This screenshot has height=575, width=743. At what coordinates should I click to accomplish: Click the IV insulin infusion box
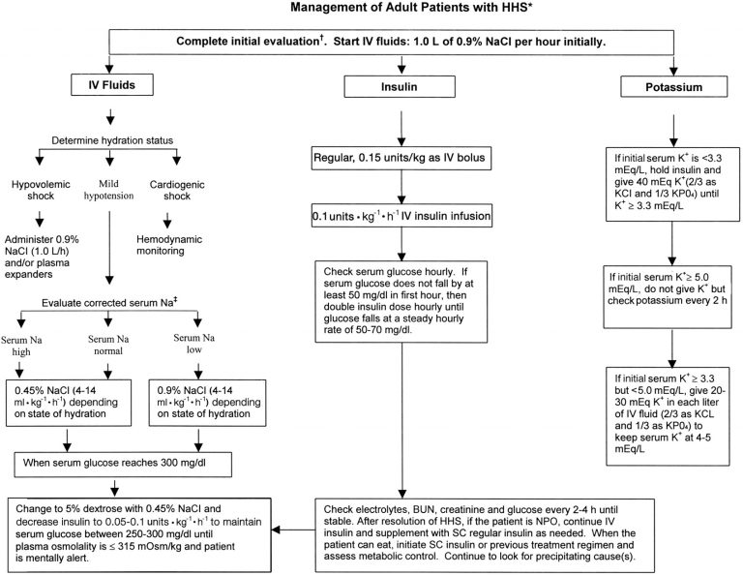(x=399, y=213)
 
